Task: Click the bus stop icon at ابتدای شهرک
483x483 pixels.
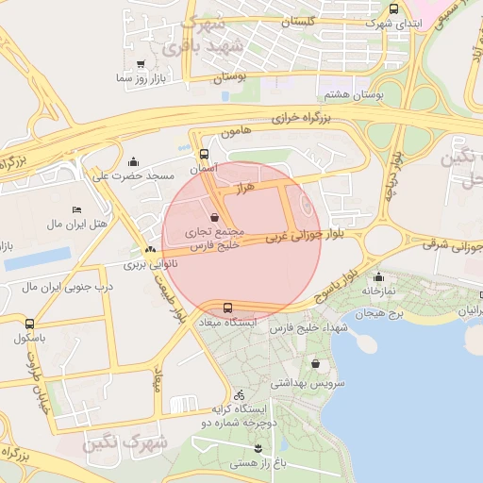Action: pos(393,8)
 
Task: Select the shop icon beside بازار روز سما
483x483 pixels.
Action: pos(141,64)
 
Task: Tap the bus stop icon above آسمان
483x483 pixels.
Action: pos(205,153)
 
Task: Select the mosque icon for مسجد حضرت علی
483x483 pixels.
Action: pos(132,161)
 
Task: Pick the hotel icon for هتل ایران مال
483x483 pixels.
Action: pos(76,209)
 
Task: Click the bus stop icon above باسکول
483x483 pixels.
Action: pos(30,323)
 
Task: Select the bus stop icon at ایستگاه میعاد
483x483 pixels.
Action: pos(227,308)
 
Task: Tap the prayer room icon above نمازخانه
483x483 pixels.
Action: pos(379,277)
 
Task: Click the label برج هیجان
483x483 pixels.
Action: pos(390,311)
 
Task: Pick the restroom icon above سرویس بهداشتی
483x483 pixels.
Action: pos(314,364)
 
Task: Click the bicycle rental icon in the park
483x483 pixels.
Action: pos(240,394)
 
